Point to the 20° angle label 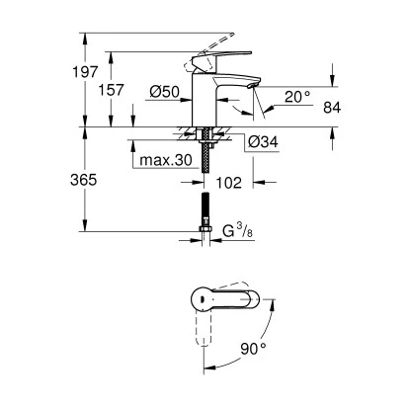pyautogui.click(x=296, y=97)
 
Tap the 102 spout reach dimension pyautogui.click(x=228, y=181)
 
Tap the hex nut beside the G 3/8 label pyautogui.click(x=206, y=235)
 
